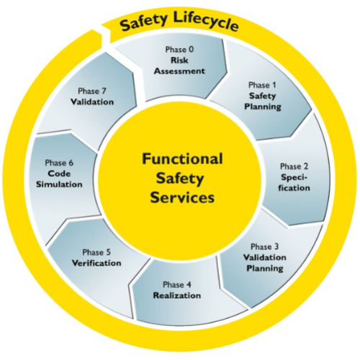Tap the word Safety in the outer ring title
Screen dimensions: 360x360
click(143, 22)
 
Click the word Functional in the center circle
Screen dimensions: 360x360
click(182, 159)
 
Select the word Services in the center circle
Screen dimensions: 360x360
click(182, 198)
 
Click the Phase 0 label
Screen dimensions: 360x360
click(179, 50)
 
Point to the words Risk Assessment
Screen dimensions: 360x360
click(179, 66)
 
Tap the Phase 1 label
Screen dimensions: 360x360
click(262, 85)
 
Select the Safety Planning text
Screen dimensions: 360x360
click(263, 102)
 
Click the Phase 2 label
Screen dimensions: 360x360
click(294, 166)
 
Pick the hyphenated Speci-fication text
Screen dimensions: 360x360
click(294, 183)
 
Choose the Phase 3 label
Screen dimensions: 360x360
click(265, 246)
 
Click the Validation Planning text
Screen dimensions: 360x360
click(265, 263)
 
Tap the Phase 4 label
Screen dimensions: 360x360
click(177, 284)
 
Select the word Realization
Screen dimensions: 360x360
click(177, 295)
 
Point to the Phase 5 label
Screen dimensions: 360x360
click(96, 252)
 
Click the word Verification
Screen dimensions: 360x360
click(96, 263)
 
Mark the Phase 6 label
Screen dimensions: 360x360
click(59, 163)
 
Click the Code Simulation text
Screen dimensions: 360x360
click(59, 179)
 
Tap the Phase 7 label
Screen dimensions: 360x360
click(92, 91)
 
